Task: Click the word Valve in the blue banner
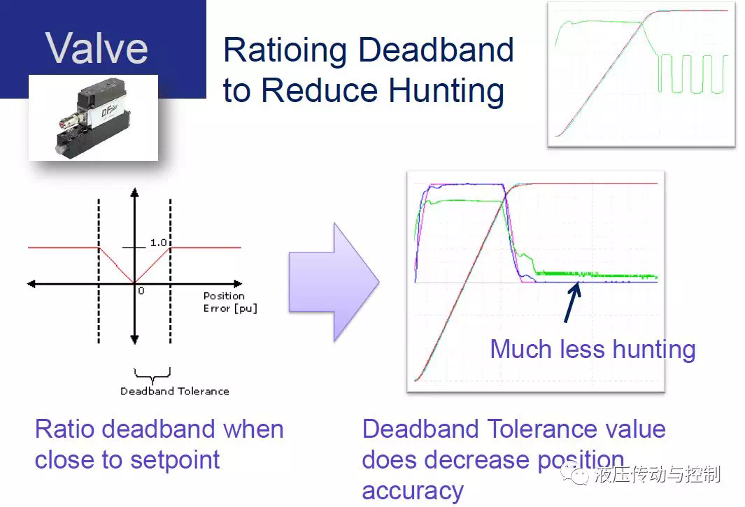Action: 97,48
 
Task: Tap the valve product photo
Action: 93,117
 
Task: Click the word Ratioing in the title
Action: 285,51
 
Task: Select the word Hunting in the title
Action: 446,90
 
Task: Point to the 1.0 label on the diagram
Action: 159,243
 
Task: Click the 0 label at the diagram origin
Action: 141,291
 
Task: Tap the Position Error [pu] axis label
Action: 230,302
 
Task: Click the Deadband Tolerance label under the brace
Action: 175,391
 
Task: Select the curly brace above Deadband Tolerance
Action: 152,376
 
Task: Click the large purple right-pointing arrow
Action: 334,282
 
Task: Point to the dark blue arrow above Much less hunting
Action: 572,302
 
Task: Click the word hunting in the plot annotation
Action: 654,350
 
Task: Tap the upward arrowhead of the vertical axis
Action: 134,192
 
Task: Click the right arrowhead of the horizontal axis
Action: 238,284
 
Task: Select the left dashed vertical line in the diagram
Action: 99,271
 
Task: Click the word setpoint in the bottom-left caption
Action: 175,460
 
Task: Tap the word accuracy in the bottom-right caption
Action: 413,492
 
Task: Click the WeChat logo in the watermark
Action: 575,474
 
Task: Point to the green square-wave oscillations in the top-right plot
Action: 692,73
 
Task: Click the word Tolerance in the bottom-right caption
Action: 553,429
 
